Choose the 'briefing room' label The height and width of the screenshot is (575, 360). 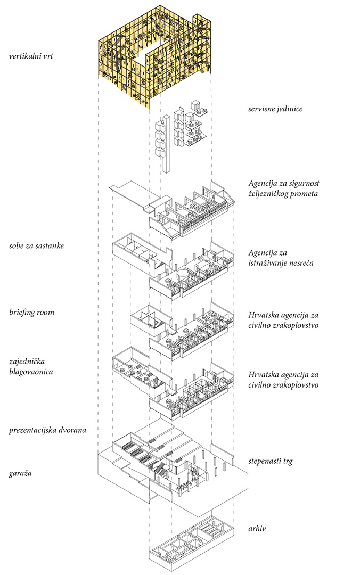point(31,313)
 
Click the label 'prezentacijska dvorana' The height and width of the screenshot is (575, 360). point(47,429)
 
